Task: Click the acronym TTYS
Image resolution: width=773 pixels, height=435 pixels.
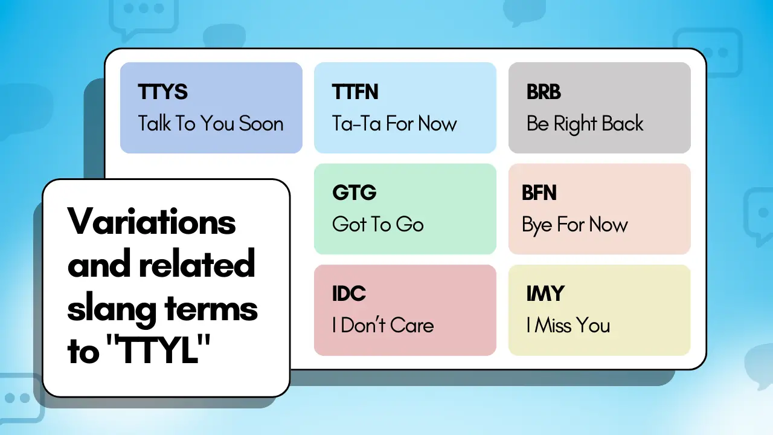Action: click(162, 92)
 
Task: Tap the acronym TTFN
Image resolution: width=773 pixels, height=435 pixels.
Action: click(355, 92)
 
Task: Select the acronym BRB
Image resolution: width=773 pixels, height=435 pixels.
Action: click(544, 92)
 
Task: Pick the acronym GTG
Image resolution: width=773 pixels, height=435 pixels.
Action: click(354, 193)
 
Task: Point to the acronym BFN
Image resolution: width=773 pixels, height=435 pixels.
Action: click(539, 193)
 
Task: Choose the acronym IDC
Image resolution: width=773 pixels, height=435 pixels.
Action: click(349, 294)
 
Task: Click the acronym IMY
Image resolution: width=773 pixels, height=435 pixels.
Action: click(545, 294)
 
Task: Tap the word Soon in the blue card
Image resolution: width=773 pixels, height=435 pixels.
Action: click(261, 124)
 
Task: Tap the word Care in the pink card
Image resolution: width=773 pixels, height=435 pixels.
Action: click(412, 325)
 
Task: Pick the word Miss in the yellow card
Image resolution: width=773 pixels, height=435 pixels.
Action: click(551, 325)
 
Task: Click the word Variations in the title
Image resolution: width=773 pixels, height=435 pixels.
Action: click(152, 221)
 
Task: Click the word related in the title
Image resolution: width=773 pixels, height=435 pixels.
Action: click(197, 263)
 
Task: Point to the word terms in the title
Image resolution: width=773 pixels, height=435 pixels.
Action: click(211, 309)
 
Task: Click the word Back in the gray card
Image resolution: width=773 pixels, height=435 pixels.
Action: click(623, 123)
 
